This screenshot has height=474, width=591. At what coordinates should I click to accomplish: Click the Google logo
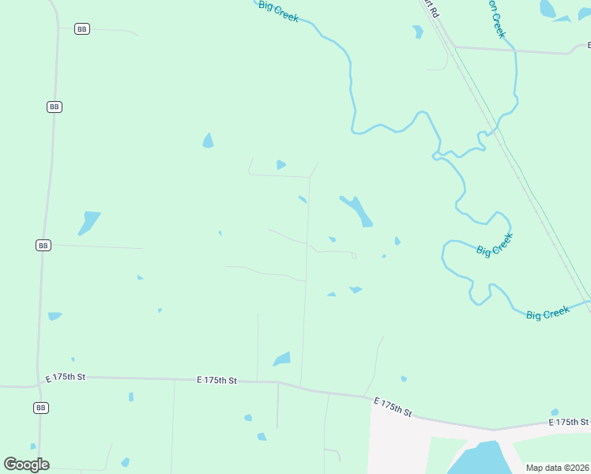(x=26, y=465)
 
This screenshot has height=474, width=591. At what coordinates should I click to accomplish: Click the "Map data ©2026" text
(x=557, y=468)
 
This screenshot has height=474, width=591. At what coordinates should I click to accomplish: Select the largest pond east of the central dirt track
(x=357, y=210)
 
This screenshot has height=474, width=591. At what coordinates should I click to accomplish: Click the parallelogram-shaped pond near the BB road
(x=88, y=222)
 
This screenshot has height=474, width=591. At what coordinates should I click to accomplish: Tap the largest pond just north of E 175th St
(x=282, y=359)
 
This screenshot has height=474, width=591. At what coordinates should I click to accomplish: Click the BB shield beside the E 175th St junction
(x=41, y=408)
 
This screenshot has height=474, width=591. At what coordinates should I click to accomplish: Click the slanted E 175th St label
(x=393, y=408)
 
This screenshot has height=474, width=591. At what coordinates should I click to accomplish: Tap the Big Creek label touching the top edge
(x=278, y=10)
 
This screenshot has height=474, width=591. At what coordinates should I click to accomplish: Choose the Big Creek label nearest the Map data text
(x=548, y=314)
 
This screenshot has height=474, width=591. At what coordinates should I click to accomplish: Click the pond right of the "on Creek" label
(x=547, y=9)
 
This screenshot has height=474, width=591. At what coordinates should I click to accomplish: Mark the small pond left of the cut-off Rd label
(x=417, y=32)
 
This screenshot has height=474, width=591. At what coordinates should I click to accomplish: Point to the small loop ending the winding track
(x=354, y=255)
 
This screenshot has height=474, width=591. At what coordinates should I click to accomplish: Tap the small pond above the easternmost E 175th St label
(x=555, y=412)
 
